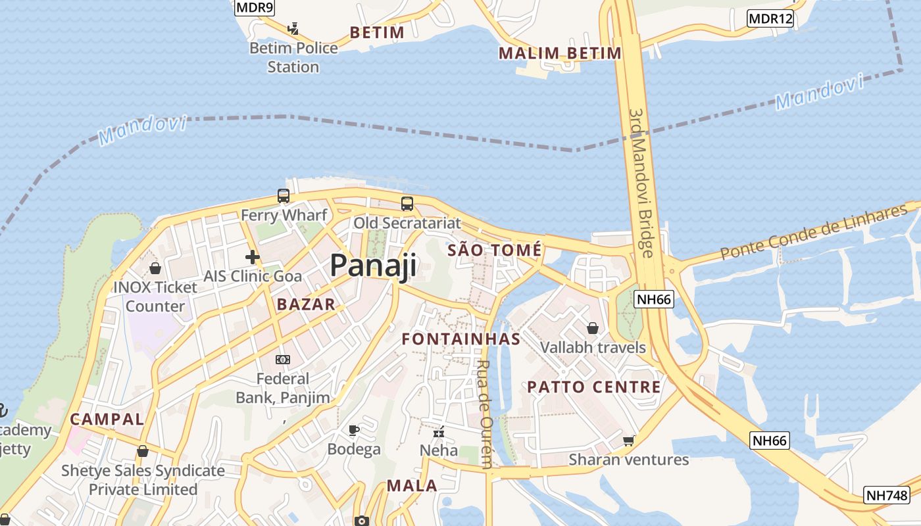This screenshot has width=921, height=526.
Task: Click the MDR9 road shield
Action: click(255, 7)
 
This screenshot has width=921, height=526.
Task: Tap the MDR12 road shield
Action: click(770, 18)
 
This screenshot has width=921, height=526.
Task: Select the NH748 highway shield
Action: click(886, 495)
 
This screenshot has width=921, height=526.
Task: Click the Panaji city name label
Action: click(373, 266)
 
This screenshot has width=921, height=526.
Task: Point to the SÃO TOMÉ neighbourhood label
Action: click(495, 251)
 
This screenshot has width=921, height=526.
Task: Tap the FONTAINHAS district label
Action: click(461, 339)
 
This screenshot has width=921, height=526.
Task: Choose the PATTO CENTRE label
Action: click(594, 387)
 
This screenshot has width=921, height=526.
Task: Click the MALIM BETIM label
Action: click(560, 53)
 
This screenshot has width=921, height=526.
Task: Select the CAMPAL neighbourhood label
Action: click(107, 419)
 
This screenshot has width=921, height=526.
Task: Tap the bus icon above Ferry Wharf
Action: click(284, 196)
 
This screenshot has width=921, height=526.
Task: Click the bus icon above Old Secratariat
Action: click(407, 204)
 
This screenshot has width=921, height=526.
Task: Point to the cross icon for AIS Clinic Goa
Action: click(252, 257)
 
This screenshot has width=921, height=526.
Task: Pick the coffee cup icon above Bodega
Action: click(354, 431)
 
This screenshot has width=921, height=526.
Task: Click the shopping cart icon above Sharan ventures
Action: click(629, 441)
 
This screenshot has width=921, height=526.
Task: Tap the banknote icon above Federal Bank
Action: click(283, 360)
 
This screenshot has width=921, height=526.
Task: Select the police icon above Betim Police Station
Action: click(293, 29)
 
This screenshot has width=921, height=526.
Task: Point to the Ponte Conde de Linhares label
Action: click(813, 232)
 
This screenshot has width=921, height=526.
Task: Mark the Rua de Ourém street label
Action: click(484, 414)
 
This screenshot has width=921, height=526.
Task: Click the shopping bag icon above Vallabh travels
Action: click(593, 327)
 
